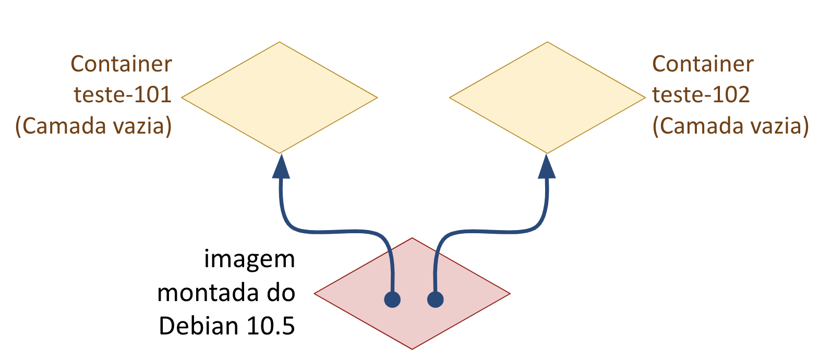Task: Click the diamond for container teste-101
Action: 279,98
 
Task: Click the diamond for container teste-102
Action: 547,98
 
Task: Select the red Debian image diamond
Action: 412,293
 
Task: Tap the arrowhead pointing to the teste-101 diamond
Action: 281,166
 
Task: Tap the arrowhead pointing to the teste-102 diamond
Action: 547,166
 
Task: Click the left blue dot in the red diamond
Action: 392,299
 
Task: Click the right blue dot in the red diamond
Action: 436,299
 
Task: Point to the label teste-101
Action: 123,95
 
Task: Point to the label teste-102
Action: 701,95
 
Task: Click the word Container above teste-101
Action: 121,64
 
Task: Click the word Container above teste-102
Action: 703,64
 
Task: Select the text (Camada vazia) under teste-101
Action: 93,126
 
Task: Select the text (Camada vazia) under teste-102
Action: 730,126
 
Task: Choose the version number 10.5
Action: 271,326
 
